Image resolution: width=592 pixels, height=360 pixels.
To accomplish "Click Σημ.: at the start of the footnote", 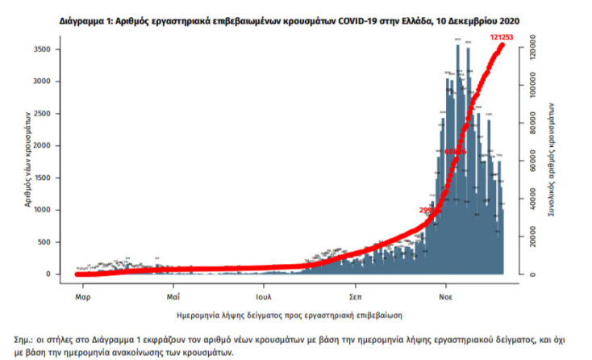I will (x=27, y=341).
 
